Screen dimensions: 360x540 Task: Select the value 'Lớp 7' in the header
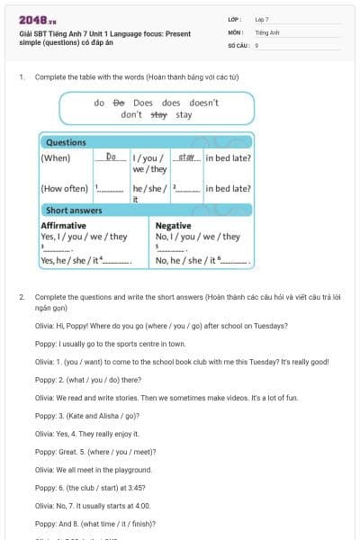(x=261, y=19)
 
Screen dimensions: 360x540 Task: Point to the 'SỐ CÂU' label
(x=238, y=44)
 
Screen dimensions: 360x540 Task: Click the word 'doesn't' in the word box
(x=203, y=103)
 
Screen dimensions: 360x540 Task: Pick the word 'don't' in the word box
(x=131, y=115)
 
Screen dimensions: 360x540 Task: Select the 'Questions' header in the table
(x=66, y=142)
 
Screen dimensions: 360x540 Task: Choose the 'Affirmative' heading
(x=64, y=225)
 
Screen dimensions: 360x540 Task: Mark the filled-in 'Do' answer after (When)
(x=112, y=157)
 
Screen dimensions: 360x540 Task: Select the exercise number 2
(x=22, y=296)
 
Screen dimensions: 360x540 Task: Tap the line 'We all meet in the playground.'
(x=94, y=469)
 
